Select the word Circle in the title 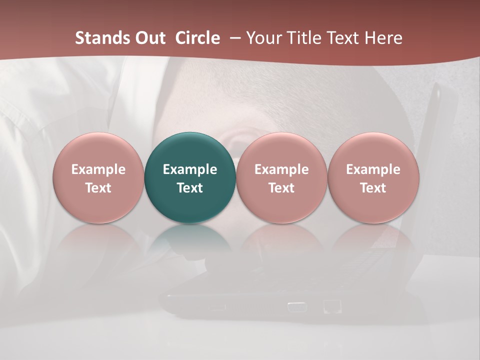click(197, 38)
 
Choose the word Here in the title click(383, 38)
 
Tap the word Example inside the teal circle click(190, 169)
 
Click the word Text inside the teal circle click(190, 188)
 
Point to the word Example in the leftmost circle click(98, 169)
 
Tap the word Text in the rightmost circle click(373, 188)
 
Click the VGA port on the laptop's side click(297, 306)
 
